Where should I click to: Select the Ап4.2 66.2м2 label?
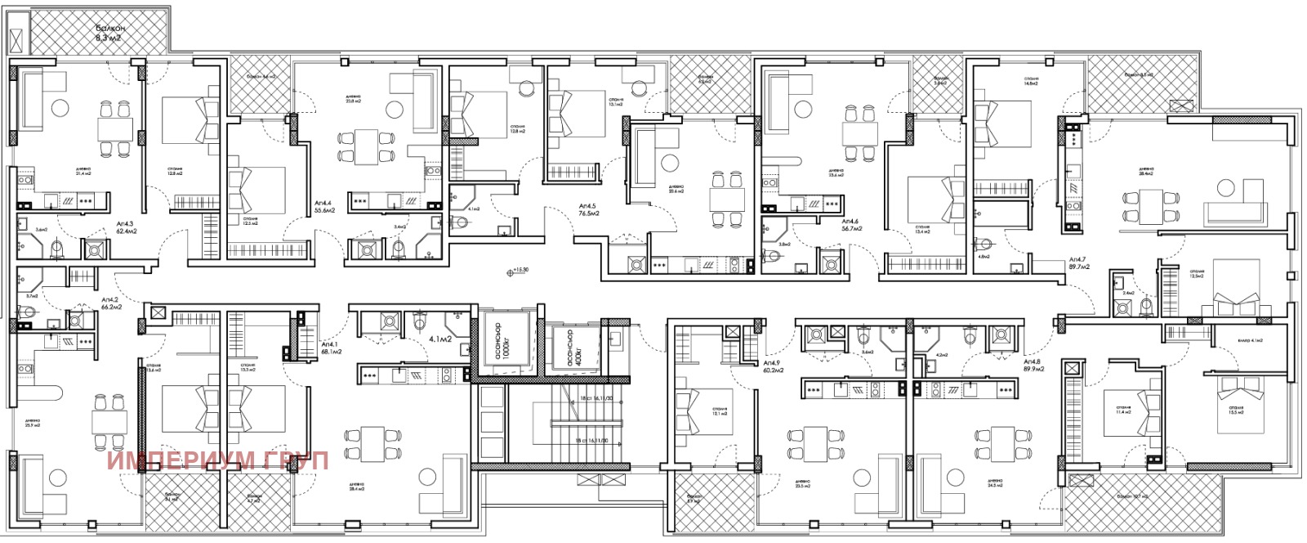[112, 304]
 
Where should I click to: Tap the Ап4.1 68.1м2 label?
[331, 348]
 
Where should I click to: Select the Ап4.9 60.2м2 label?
[773, 366]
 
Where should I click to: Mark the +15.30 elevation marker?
[518, 271]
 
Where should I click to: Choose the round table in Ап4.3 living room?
[59, 108]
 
